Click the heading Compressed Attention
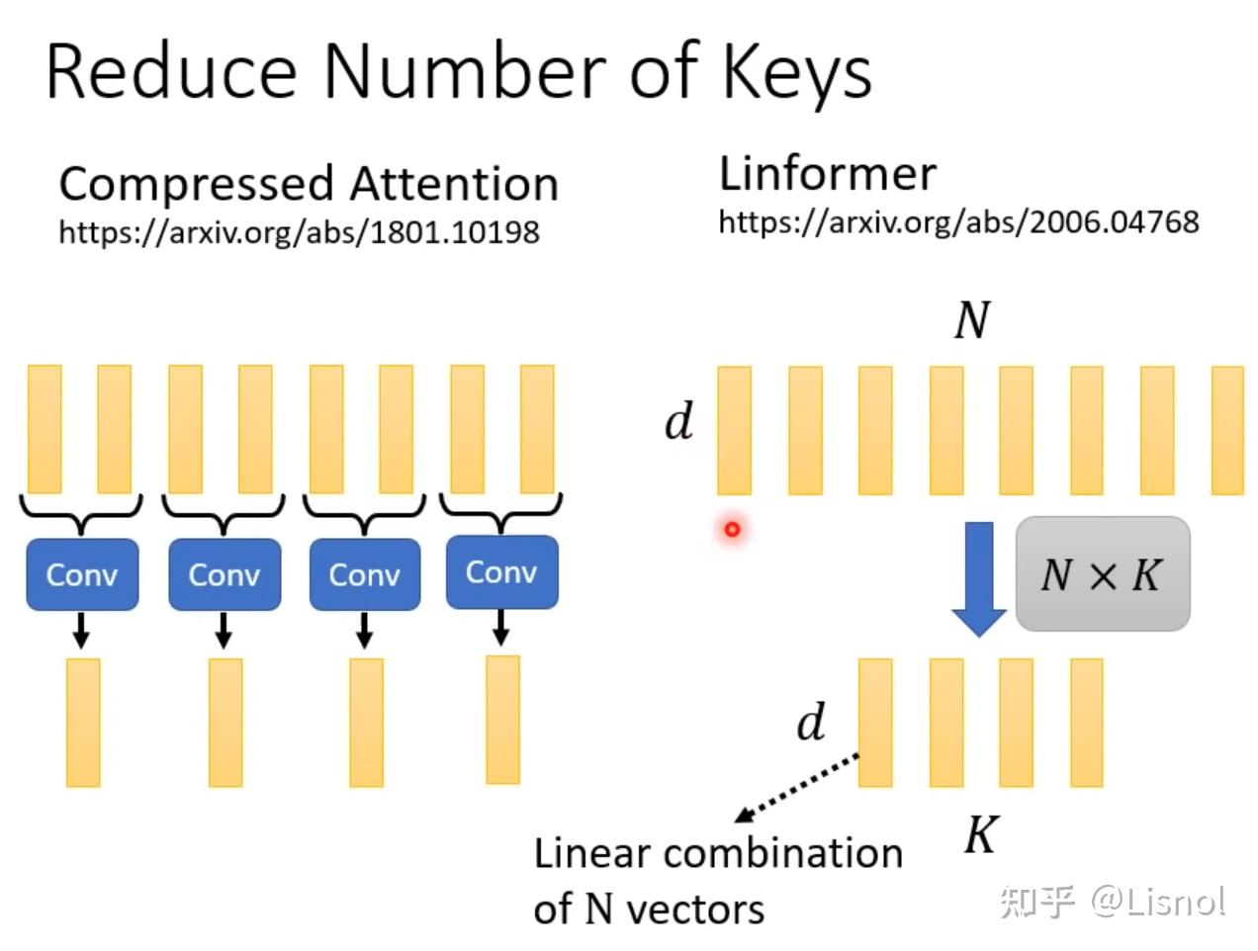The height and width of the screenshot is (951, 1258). [309, 185]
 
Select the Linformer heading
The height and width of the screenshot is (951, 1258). [827, 174]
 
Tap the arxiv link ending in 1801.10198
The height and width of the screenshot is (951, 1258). [299, 232]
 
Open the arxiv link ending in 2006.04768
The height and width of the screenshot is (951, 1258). [958, 222]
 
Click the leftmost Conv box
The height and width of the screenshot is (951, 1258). [82, 574]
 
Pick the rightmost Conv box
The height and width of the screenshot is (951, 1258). [501, 571]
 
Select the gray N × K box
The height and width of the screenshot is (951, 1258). [1102, 573]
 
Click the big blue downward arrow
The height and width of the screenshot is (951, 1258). [978, 578]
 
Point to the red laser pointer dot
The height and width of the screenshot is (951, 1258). [732, 529]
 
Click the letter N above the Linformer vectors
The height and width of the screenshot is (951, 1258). [971, 320]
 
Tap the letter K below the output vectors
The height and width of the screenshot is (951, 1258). [981, 834]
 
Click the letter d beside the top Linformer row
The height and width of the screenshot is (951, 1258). [679, 420]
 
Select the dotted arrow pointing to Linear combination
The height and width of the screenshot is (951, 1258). [797, 788]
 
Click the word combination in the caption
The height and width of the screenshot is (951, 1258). [783, 853]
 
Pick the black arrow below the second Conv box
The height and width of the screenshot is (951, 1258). [224, 630]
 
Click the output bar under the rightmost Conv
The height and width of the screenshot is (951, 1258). [502, 720]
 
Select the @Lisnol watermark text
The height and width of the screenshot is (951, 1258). [1158, 902]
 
